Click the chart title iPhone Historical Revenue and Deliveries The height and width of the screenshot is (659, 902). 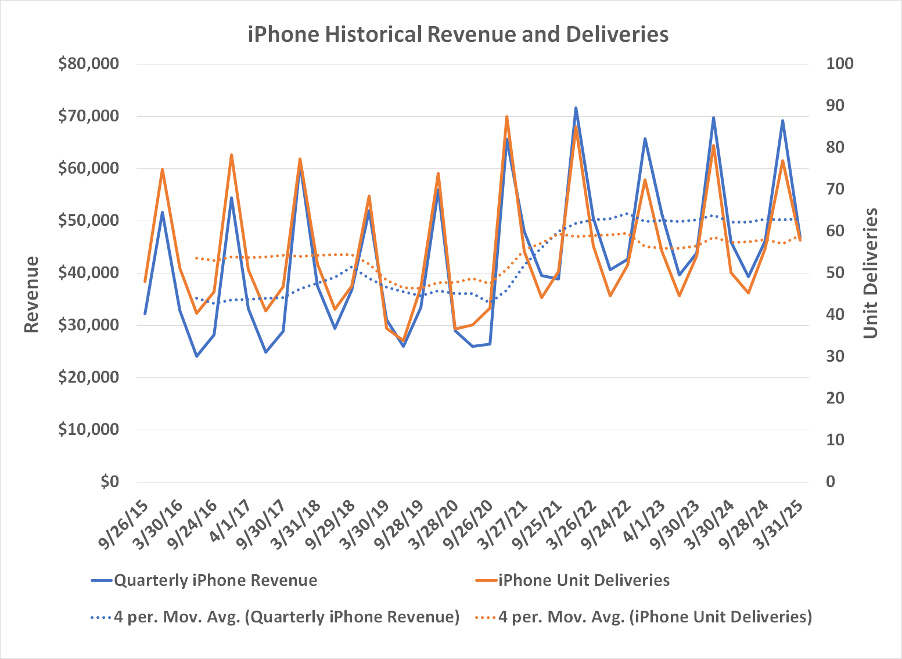(x=458, y=34)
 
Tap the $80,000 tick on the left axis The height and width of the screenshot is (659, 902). (x=88, y=64)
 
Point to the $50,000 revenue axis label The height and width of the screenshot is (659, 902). (x=88, y=221)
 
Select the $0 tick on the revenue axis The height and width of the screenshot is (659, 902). (x=109, y=481)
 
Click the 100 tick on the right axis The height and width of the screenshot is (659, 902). (x=840, y=64)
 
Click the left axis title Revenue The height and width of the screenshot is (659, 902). (x=31, y=294)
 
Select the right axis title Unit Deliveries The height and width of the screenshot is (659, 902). (x=869, y=273)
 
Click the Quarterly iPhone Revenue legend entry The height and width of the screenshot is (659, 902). (x=215, y=581)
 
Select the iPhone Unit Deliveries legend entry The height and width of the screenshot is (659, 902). (x=584, y=581)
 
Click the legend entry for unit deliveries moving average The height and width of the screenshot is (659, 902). (x=655, y=617)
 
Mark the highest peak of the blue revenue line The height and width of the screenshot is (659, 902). (x=576, y=107)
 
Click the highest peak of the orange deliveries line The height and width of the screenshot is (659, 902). (x=506, y=117)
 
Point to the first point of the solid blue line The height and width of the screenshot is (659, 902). (x=145, y=314)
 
